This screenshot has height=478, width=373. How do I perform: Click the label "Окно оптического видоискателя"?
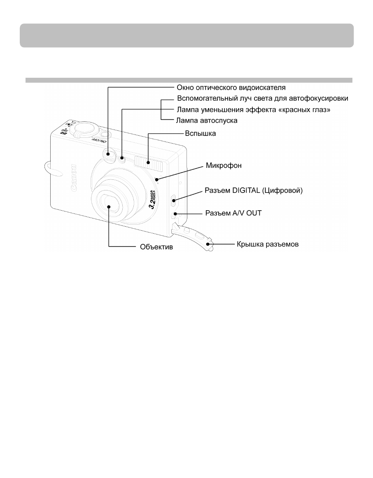point(231,88)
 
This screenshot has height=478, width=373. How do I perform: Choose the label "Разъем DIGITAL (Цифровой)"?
point(254,191)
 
